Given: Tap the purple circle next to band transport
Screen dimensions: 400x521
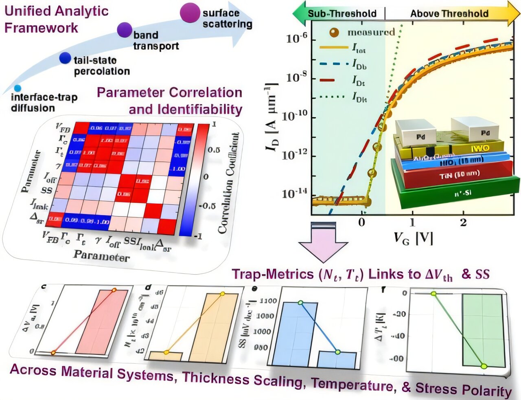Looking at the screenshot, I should (x=125, y=30).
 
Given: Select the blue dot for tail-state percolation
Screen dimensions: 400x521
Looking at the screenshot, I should (x=65, y=58).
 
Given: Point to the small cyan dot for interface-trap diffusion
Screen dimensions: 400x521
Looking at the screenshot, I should (x=17, y=88).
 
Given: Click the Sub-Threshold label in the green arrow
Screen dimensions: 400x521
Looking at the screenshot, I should (x=342, y=13).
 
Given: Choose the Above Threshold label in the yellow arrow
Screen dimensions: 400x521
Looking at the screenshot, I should (x=449, y=13).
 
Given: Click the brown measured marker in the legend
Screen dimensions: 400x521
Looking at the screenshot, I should (x=334, y=32).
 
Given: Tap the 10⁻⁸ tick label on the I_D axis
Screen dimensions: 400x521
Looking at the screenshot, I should (x=296, y=77).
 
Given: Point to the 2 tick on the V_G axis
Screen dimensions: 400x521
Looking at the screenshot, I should (x=463, y=222).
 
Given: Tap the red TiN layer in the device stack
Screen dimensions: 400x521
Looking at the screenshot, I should (x=452, y=174).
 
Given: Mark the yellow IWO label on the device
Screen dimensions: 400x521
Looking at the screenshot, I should (x=480, y=148).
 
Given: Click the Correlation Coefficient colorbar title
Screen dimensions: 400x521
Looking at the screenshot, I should (x=228, y=183).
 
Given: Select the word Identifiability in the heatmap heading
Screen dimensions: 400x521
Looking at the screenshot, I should (x=199, y=109).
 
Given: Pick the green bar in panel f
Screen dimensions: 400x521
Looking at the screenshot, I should (x=482, y=330).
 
